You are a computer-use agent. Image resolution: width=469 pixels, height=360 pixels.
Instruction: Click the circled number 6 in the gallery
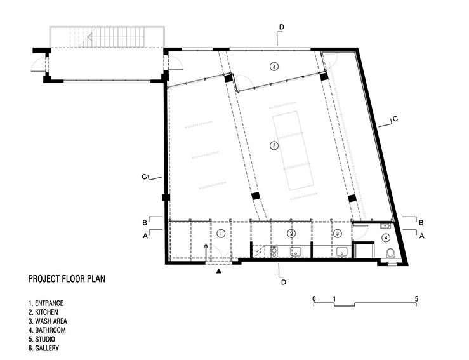(274, 66)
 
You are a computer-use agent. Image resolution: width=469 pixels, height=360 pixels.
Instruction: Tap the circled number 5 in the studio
(274, 146)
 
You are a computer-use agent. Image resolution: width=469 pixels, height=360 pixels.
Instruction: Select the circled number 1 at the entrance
(221, 234)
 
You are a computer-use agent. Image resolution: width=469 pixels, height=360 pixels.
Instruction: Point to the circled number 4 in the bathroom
(386, 237)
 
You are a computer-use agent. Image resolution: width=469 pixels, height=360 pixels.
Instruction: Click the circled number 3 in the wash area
(338, 233)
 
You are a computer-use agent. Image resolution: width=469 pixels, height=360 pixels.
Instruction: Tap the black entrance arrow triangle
(219, 271)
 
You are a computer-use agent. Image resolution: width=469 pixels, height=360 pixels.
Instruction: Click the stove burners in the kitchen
(274, 251)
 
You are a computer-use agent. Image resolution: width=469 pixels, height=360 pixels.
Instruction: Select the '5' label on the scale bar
(416, 298)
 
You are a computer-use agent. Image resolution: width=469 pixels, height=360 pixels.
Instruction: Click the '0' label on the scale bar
(314, 298)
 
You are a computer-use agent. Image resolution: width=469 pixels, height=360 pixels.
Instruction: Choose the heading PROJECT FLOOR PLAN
(67, 279)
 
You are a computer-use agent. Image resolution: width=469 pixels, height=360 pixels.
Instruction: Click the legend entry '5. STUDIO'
(42, 339)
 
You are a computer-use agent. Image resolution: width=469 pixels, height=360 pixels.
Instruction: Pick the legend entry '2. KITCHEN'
(43, 312)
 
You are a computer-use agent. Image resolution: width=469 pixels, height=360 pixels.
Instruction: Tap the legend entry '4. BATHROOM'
(47, 330)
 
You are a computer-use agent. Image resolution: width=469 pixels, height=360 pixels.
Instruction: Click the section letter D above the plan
(281, 27)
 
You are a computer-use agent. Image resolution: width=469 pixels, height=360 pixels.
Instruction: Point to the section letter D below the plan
(284, 282)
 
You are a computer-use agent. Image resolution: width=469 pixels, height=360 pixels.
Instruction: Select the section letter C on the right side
(395, 119)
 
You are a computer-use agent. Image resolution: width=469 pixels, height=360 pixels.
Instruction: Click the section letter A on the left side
(145, 236)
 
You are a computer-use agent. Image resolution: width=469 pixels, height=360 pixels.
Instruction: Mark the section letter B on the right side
(421, 223)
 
